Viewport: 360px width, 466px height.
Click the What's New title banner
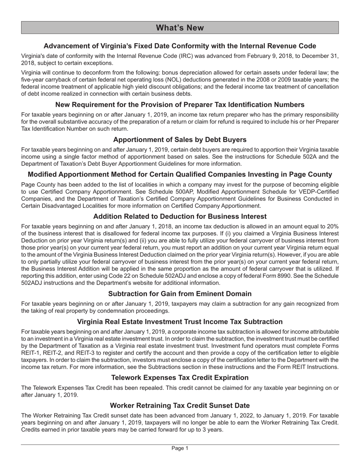point(180,28)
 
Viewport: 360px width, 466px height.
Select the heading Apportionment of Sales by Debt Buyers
point(180,139)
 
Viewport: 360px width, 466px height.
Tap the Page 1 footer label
point(180,448)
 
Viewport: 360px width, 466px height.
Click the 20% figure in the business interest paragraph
point(332,226)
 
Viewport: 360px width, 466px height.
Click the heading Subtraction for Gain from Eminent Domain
point(180,294)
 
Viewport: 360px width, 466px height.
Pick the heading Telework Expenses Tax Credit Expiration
point(180,378)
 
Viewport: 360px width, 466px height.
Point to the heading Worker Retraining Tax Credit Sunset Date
point(180,405)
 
